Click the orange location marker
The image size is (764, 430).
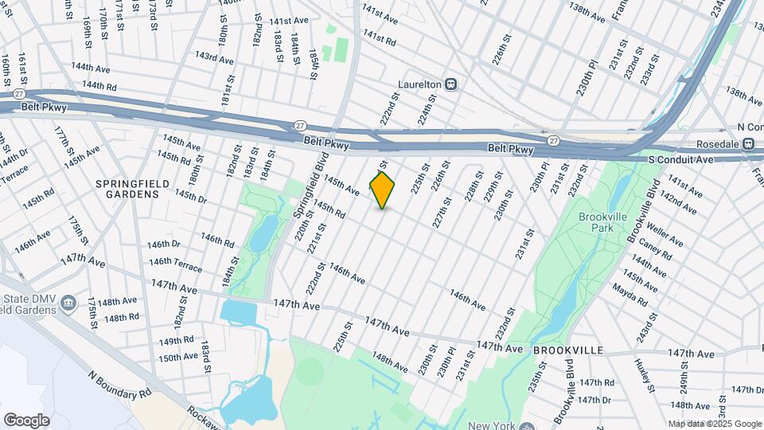tap(383, 190)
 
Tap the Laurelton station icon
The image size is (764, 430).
tap(450, 83)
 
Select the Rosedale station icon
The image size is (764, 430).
tap(749, 144)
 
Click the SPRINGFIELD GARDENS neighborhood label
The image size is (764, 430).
tap(133, 189)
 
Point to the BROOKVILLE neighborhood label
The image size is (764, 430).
tap(568, 350)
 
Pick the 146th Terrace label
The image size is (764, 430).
tap(175, 262)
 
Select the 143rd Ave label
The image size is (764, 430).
tap(215, 58)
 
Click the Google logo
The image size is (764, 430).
tap(26, 420)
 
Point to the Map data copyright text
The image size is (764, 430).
tap(715, 424)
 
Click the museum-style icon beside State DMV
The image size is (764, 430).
tap(69, 302)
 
